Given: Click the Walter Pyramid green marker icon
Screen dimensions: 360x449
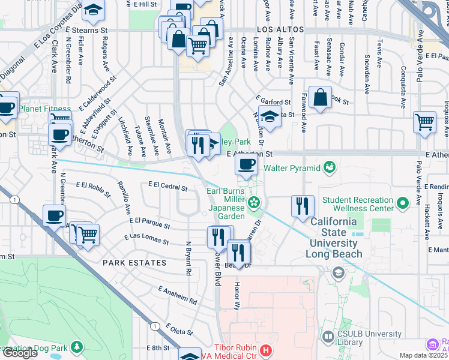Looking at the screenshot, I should [329, 166].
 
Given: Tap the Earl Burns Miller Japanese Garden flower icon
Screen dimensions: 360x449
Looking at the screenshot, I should [255, 202].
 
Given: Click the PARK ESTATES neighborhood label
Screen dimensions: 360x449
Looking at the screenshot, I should [134, 263].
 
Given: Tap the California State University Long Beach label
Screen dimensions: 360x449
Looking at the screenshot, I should [336, 238].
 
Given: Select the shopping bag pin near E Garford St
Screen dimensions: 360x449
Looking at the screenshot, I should [321, 97].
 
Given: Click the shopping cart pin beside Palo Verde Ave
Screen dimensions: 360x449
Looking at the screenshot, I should [424, 122].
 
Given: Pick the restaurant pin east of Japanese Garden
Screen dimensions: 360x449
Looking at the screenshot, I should [303, 206].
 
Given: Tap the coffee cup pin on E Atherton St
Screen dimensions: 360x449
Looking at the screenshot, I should [247, 164].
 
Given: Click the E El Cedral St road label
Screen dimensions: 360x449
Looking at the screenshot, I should [167, 187].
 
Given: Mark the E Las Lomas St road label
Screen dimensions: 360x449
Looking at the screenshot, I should [146, 239].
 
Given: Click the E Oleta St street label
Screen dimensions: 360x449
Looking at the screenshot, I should [179, 329].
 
